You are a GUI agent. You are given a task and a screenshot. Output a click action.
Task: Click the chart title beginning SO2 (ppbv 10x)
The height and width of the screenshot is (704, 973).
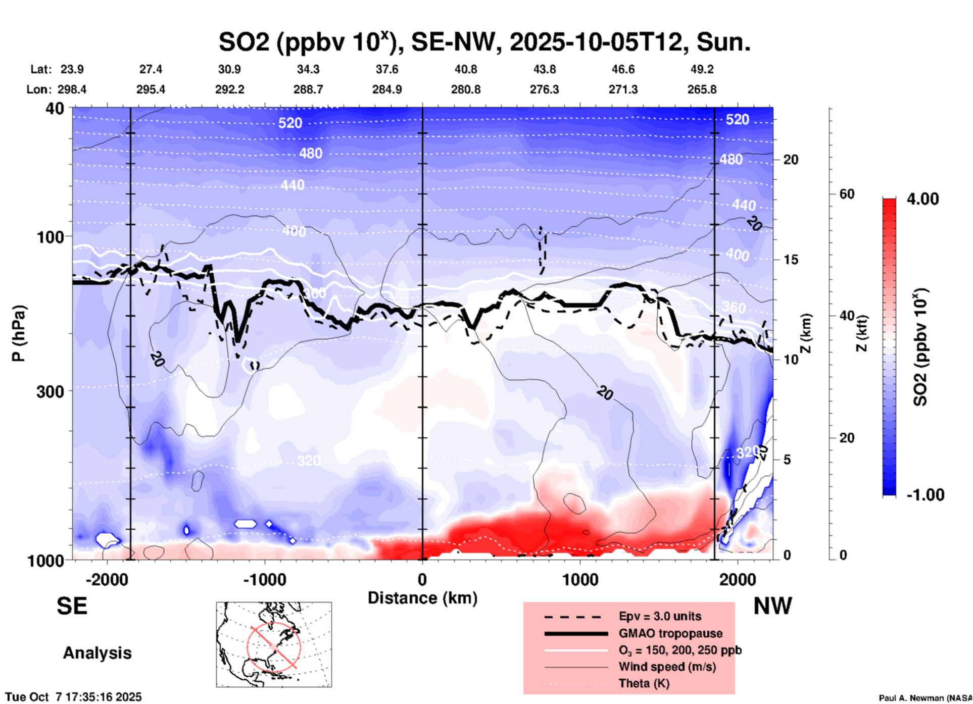tap(484, 41)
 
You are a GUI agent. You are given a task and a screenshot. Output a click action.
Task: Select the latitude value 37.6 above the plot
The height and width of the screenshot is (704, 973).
tap(386, 69)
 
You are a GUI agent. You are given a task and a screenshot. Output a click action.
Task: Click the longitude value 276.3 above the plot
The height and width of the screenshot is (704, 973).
tap(544, 89)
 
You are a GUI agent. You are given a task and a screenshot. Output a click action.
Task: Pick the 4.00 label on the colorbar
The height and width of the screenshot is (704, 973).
tap(922, 199)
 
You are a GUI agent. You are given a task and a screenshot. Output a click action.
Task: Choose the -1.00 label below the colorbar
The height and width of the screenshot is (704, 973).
tap(925, 495)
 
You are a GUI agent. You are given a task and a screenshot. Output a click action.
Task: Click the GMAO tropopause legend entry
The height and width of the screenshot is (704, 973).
tap(670, 633)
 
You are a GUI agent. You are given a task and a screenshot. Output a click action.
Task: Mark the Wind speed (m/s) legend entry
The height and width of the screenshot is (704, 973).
tap(667, 667)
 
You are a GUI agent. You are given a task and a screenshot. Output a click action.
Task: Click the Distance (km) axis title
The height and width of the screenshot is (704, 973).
tap(422, 598)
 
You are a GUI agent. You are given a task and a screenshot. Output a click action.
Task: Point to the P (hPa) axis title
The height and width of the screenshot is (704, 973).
tap(19, 333)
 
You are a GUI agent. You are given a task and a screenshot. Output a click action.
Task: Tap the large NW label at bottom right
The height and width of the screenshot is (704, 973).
tap(772, 606)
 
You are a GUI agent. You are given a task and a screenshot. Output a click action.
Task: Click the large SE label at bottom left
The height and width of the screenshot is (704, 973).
tap(72, 606)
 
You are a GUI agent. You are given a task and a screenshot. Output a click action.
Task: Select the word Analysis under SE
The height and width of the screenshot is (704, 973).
tap(97, 653)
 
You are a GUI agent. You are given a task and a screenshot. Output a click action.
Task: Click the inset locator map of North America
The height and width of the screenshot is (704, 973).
tap(274, 644)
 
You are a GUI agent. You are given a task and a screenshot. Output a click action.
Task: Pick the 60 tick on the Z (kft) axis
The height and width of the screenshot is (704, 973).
tap(847, 194)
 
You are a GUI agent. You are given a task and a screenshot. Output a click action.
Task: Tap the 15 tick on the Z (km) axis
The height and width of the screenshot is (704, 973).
tap(791, 260)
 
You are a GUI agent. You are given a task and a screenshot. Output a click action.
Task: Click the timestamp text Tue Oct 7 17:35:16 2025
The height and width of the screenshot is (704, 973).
tap(74, 697)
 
